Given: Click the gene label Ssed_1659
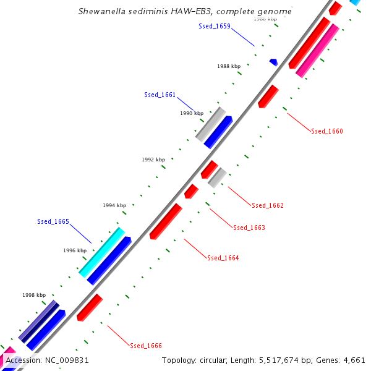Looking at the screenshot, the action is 214,26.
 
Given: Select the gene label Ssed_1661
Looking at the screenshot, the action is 160,95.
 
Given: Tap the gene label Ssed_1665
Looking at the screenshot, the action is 53,221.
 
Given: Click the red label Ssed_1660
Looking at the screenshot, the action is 326,131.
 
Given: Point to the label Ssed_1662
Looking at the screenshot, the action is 267,205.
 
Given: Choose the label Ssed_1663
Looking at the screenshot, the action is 249,228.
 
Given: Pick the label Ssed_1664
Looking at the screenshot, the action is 223,258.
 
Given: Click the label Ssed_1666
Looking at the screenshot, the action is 146,346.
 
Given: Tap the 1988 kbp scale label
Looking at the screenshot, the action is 229,66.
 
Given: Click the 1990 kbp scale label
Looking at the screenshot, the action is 192,113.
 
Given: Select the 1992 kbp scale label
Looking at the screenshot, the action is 153,160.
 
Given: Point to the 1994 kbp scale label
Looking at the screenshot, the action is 114,205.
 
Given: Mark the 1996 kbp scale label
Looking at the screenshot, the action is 75,250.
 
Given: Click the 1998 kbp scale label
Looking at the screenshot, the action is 34,296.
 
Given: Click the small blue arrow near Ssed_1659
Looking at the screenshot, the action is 273,62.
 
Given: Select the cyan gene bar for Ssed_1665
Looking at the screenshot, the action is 102,252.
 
